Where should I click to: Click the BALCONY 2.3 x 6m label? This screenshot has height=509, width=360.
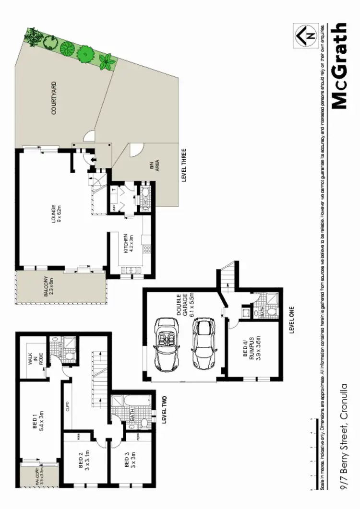(49, 286)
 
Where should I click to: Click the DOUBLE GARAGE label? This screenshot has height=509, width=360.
(180, 306)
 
